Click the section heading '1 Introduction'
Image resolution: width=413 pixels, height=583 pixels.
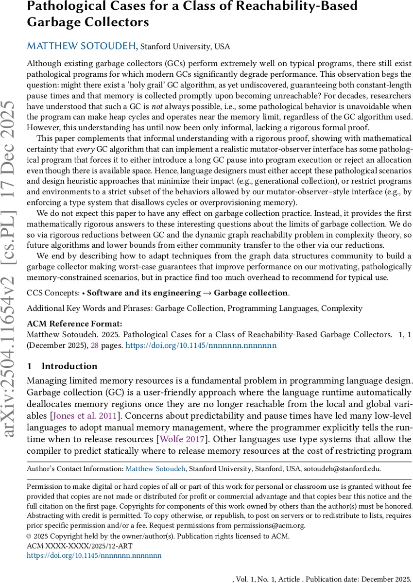tap(62, 366)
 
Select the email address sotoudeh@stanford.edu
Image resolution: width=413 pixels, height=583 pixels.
tap(342, 469)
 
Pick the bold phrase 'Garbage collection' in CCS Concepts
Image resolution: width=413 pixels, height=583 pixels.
tap(251, 292)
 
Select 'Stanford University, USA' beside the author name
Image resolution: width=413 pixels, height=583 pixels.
tap(185, 47)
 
